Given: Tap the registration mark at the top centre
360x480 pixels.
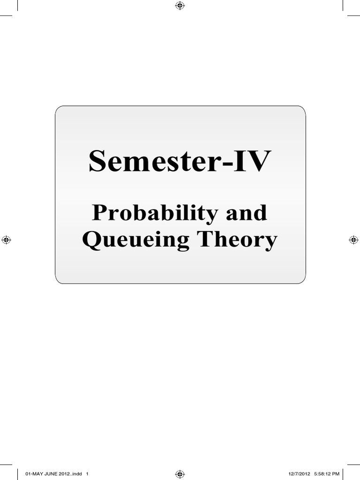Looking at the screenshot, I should (x=180, y=6).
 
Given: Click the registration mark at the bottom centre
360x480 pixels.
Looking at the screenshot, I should (x=180, y=474).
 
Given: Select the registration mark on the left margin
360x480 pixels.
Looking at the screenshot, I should (x=6, y=240).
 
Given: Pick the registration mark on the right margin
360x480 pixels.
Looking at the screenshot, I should (x=353, y=240).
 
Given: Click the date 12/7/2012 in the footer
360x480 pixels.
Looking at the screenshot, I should (x=300, y=474).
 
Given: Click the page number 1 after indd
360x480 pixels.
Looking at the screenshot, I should (x=87, y=474).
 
